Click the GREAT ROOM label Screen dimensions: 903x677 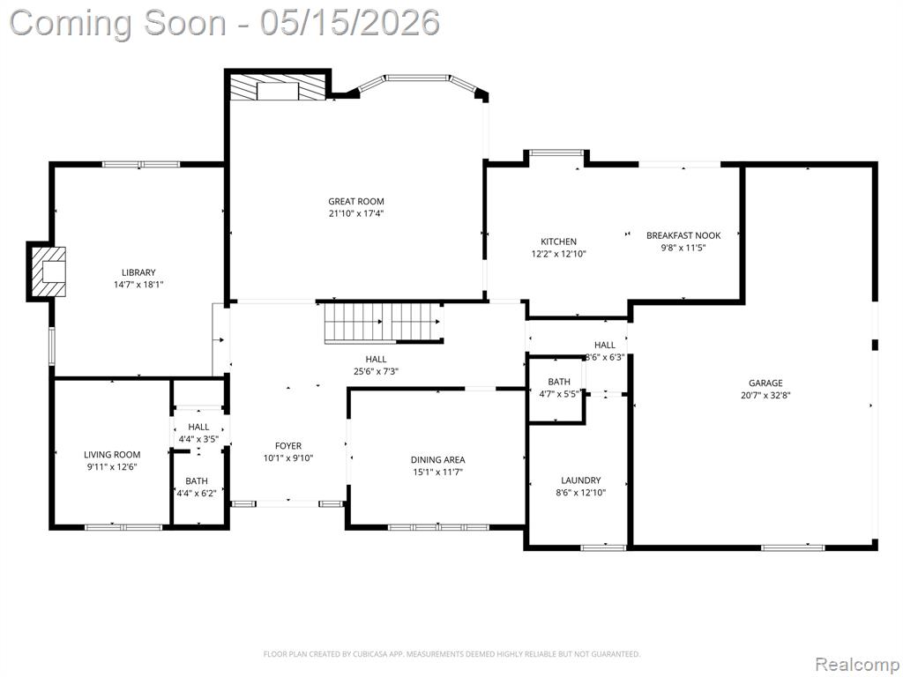coord(356,202)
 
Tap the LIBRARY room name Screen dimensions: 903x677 coord(138,272)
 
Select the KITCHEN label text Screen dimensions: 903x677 coord(558,242)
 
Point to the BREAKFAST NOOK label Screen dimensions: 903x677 coord(683,235)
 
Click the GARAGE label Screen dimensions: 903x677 coord(766,383)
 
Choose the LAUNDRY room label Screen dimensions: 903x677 coord(581,480)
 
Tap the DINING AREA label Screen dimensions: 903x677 coord(437,459)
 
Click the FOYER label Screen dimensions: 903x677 coord(288,445)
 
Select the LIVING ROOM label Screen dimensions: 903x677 coord(112,454)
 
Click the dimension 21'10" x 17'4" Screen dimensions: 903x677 coord(356,213)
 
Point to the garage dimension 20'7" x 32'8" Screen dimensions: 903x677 coord(766,396)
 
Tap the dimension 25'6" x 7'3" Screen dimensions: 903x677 coord(376,371)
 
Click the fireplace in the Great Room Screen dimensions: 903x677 coord(278,87)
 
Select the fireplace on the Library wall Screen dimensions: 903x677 coord(48,272)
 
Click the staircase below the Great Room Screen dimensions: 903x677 coord(384,324)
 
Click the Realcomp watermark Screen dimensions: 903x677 coord(857,665)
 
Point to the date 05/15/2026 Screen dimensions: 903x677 coord(349,23)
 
